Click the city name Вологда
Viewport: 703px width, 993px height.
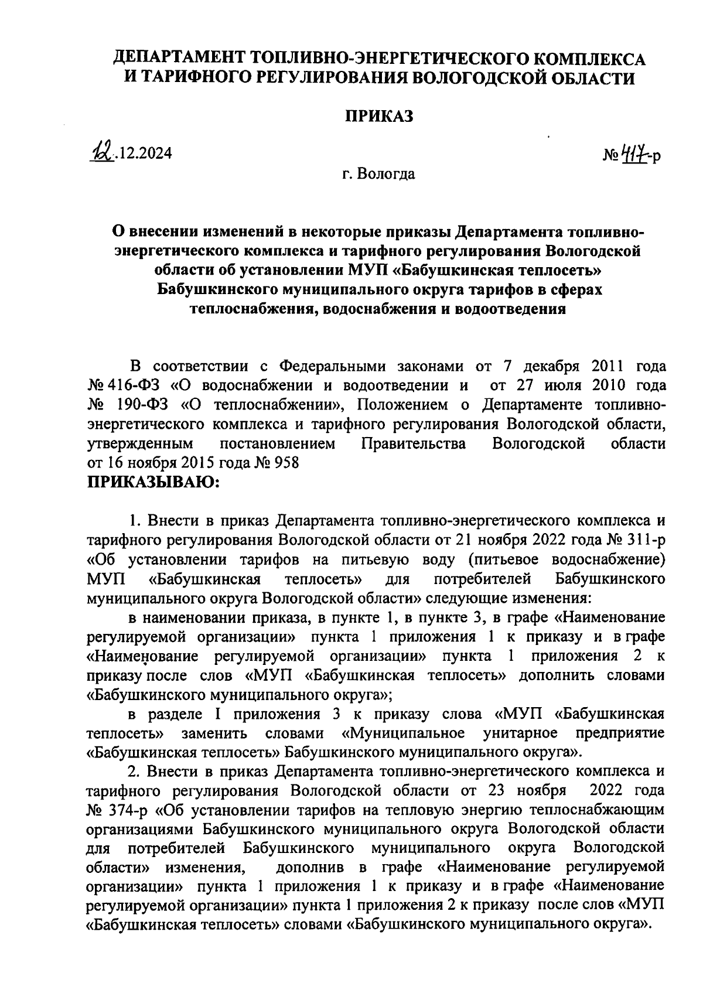(390, 174)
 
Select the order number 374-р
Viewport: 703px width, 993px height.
(129, 811)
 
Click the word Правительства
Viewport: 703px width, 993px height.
(414, 443)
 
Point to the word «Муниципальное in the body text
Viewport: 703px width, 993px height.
(402, 733)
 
